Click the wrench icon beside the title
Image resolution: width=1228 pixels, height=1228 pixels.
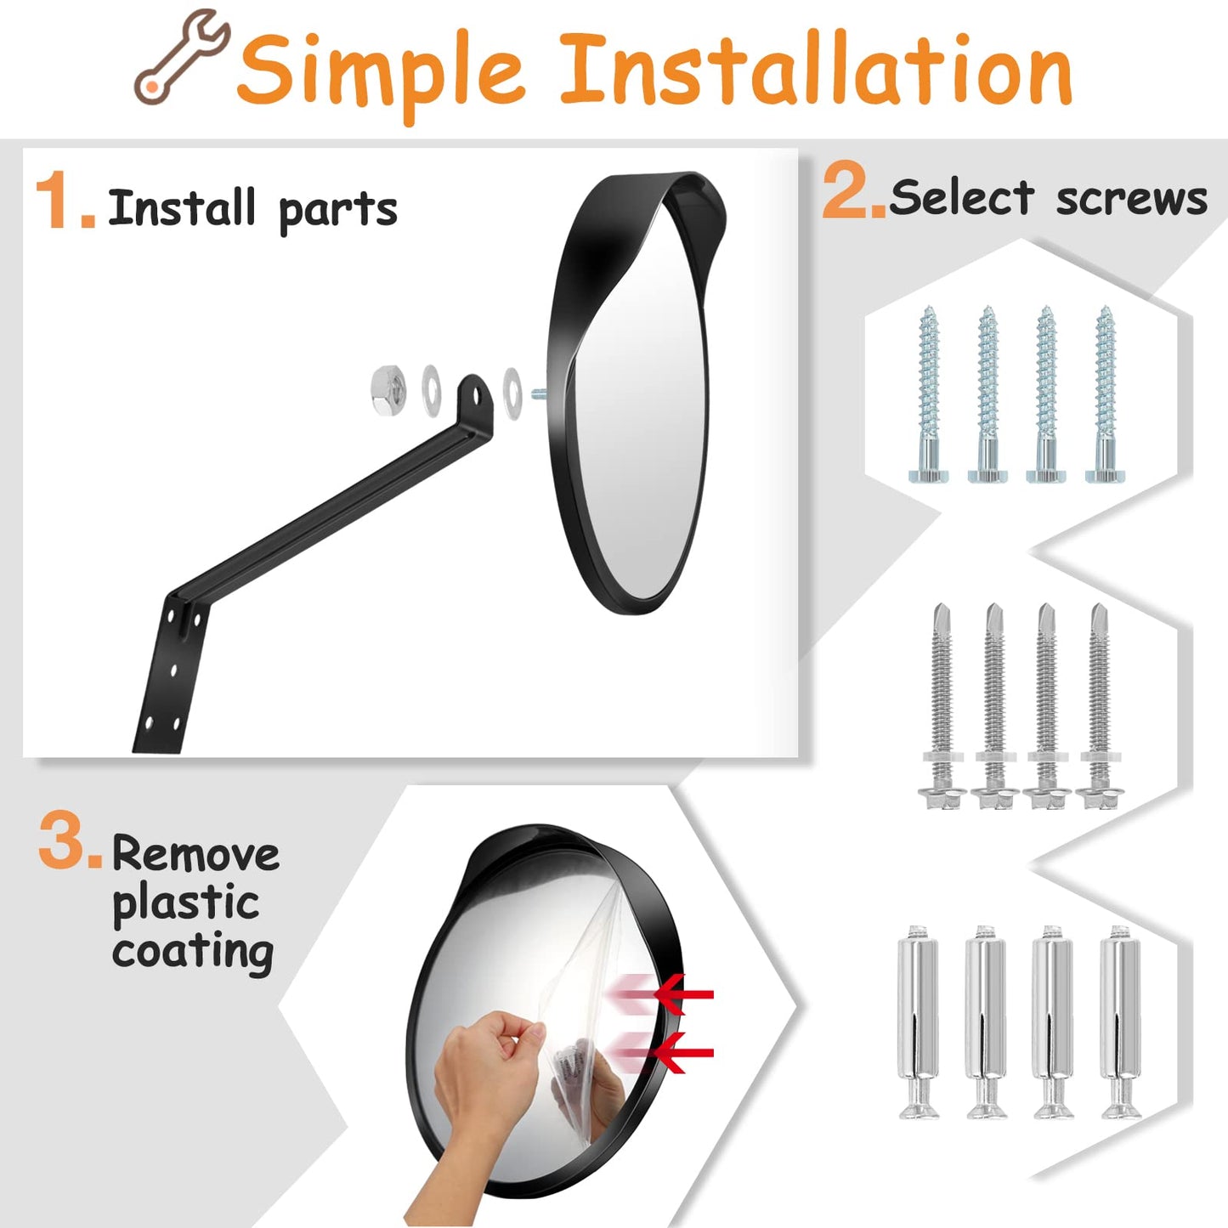coord(181,58)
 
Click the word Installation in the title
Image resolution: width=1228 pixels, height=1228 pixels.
coord(815,71)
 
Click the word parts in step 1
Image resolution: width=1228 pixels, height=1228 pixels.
coord(337,210)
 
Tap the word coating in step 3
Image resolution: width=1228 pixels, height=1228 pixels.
coord(193,952)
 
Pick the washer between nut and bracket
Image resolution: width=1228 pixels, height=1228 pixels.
coord(432,390)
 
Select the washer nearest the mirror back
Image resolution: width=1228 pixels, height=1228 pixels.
coord(512,392)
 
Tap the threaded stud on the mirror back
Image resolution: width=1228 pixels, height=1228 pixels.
coord(538,393)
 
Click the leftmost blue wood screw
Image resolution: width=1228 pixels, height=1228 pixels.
coord(928,395)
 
